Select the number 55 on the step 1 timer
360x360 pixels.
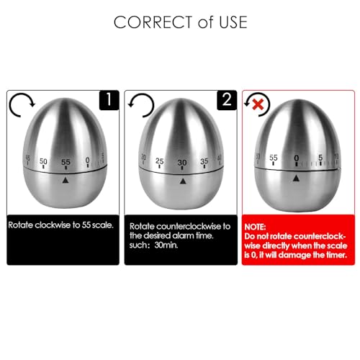(x=66, y=161)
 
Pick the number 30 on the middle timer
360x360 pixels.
(x=182, y=161)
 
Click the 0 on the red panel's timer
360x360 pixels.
(x=296, y=158)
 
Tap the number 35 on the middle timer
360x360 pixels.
(x=204, y=161)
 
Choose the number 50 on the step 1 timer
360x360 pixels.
(x=44, y=161)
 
